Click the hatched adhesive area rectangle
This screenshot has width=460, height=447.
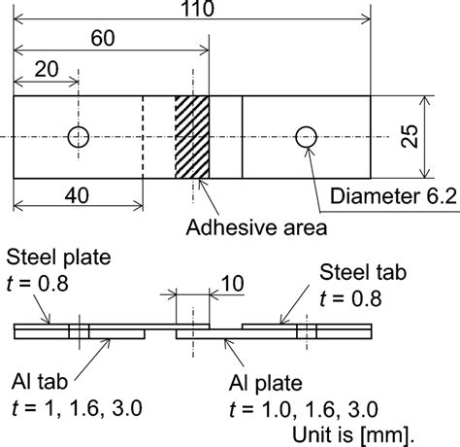[191, 137]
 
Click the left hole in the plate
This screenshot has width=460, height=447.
[77, 137]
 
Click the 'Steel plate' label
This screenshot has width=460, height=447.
[57, 258]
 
